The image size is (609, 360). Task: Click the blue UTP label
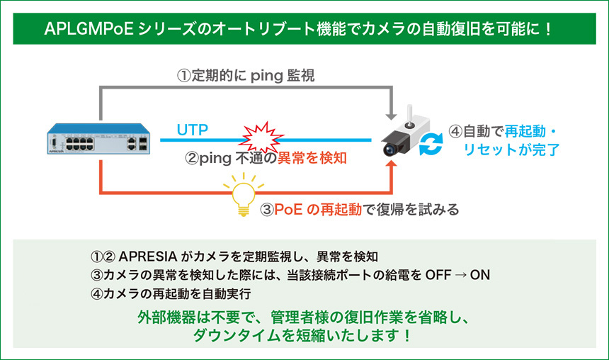(192, 130)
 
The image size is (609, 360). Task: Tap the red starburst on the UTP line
(263, 137)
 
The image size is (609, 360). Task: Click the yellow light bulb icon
(244, 195)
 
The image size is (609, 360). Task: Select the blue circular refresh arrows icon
(431, 144)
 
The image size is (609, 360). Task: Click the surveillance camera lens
(389, 150)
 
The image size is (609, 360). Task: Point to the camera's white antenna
(409, 113)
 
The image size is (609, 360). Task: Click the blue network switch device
(98, 139)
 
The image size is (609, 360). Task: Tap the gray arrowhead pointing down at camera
(391, 116)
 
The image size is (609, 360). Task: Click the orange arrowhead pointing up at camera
(391, 164)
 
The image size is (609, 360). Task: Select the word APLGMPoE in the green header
(89, 29)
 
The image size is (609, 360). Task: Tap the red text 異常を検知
(312, 158)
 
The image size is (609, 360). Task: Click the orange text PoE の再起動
(318, 210)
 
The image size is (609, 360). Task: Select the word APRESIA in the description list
(147, 257)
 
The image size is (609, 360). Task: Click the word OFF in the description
(438, 275)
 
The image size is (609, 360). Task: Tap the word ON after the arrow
(479, 275)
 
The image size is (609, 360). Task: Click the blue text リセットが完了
(511, 150)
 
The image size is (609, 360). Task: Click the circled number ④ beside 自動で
(455, 131)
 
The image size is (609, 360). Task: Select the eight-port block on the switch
(79, 143)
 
